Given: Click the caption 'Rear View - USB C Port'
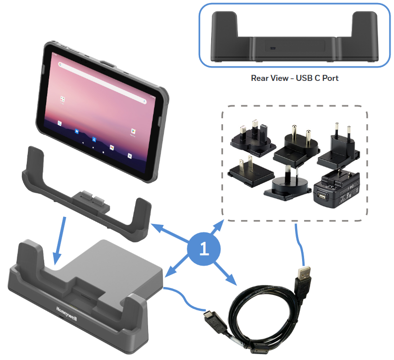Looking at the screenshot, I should tap(292, 78).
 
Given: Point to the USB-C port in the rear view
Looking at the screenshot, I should tap(271, 49).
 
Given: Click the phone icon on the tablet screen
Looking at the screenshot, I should tap(60, 124).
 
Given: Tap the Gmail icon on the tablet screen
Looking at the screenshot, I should tap(112, 147).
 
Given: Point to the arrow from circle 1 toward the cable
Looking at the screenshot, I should tap(227, 274).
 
